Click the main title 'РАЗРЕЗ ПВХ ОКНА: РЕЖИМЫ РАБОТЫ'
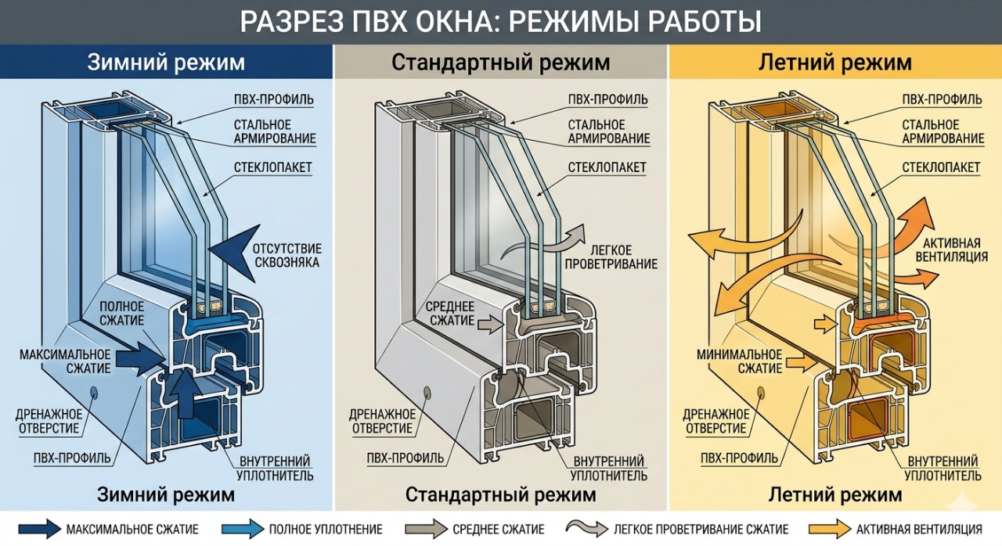[x=500, y=21]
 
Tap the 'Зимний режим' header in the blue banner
[x=166, y=62]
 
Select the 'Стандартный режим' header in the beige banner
[x=500, y=62]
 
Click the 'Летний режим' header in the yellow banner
[x=835, y=62]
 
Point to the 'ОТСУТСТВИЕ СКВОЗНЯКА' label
[x=287, y=255]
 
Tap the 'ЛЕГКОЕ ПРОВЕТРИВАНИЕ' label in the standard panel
[x=622, y=257]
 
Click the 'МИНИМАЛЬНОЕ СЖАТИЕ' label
[x=739, y=361]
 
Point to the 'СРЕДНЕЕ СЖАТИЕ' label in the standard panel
[x=452, y=313]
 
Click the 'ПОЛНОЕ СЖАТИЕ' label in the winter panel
[x=121, y=314]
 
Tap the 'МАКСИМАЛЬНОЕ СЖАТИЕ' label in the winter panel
[x=66, y=361]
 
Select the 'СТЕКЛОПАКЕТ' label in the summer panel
[x=941, y=167]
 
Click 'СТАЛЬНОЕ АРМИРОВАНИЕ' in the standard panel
[x=609, y=131]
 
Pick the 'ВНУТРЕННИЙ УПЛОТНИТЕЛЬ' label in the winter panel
[x=276, y=468]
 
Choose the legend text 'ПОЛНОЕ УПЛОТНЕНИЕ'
[x=326, y=530]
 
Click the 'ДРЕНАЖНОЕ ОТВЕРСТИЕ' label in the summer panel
[x=715, y=421]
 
